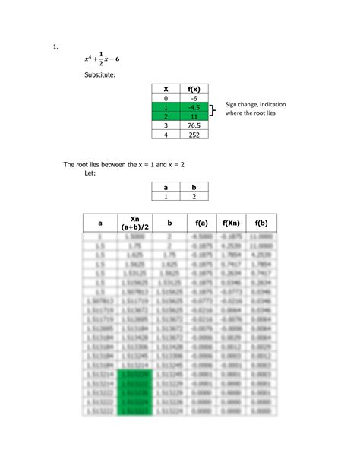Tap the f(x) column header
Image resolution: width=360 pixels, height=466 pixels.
point(194,89)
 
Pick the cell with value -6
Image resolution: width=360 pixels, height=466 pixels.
point(194,99)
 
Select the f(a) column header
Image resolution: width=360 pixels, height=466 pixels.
point(201,223)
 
